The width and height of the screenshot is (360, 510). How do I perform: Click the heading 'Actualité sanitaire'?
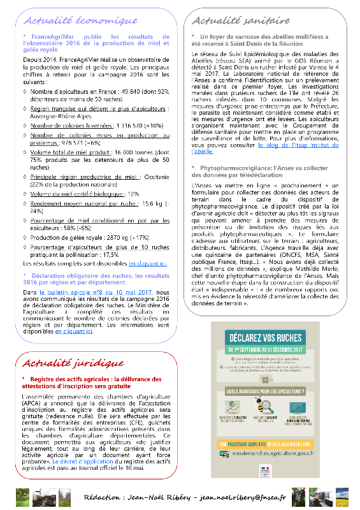(240, 20)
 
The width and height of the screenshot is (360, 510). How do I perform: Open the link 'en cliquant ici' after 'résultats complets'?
(148, 263)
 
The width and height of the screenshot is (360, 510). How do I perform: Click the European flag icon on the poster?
(296, 406)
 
